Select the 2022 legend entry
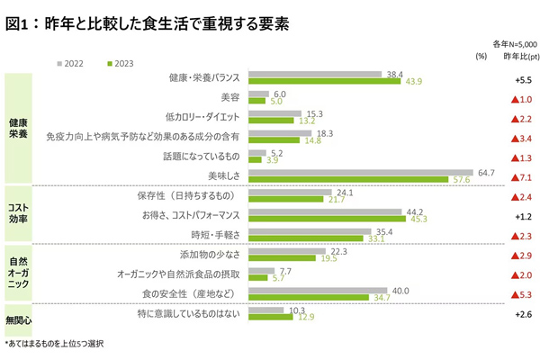point(76,63)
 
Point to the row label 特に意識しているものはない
point(188,314)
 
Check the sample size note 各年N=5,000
point(513,42)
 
